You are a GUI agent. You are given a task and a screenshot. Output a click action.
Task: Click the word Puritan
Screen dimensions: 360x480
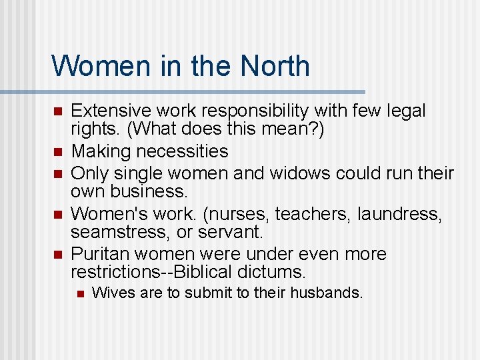click(99, 254)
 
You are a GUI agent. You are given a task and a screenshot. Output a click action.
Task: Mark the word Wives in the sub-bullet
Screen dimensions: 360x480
click(109, 292)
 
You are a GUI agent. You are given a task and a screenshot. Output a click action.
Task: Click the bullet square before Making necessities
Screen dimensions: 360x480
click(58, 152)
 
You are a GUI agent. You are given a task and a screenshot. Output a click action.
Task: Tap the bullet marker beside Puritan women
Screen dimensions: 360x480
click(58, 254)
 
